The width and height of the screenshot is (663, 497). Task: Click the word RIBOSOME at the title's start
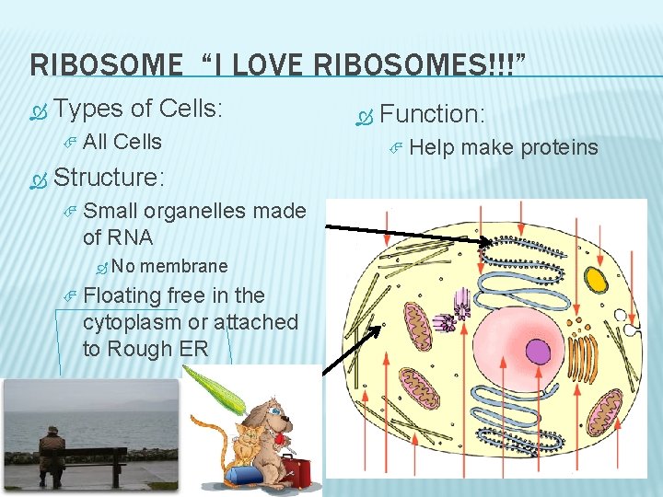coord(107,65)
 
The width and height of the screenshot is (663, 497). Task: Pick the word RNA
coord(131,237)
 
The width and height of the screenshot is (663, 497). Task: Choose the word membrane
coord(184,266)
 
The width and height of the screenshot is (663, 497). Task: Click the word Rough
coord(137,349)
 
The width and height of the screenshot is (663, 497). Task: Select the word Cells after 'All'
coord(137,142)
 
